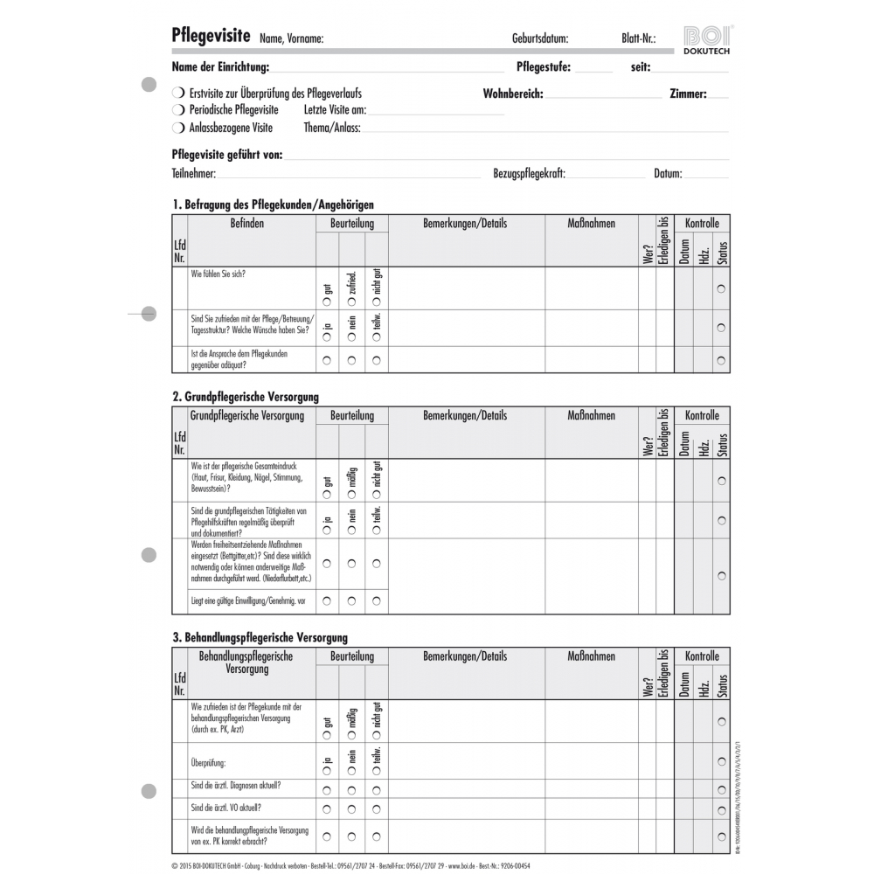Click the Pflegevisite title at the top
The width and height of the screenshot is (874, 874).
pos(212,36)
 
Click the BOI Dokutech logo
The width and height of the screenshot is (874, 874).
pos(708,40)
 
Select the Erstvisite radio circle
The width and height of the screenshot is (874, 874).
pos(178,93)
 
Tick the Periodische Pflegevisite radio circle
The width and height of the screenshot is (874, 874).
pos(178,110)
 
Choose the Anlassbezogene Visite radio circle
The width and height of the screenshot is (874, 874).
pos(178,128)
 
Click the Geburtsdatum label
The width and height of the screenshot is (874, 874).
pos(540,38)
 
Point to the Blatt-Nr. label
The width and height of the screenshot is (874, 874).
pos(633,38)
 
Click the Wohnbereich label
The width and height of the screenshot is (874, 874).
pos(513,94)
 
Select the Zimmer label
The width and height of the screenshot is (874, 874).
pos(688,94)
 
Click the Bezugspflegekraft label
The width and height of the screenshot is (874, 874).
pos(529,174)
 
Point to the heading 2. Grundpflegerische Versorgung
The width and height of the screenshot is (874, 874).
pos(246,397)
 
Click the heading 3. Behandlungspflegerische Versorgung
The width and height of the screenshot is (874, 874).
pos(260,638)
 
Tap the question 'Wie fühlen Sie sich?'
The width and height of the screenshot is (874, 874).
pos(218,274)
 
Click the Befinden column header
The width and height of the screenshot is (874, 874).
pos(246,224)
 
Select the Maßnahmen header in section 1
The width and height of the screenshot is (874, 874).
pos(591,224)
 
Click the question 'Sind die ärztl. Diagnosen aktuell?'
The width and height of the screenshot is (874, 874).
pos(235,785)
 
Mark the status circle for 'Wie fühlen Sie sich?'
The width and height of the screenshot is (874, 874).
pos(721,289)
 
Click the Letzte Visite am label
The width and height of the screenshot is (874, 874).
pos(335,110)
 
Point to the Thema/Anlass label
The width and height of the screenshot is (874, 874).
pos(331,128)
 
